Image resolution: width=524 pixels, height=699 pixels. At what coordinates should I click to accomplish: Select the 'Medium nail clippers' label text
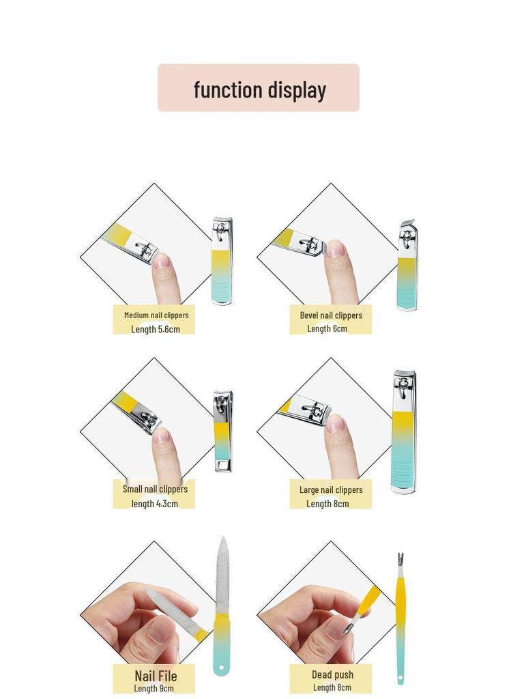pyautogui.click(x=156, y=315)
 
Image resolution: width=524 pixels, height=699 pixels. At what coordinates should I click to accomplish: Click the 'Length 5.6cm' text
pyautogui.click(x=156, y=330)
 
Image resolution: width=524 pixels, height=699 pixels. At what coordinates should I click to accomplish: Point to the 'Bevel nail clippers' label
pyautogui.click(x=331, y=315)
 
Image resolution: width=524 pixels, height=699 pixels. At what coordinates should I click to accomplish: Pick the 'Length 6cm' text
pyautogui.click(x=327, y=328)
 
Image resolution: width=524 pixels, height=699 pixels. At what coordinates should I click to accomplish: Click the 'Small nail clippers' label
pyautogui.click(x=155, y=489)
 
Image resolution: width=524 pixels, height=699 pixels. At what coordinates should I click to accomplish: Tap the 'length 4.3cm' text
pyautogui.click(x=155, y=504)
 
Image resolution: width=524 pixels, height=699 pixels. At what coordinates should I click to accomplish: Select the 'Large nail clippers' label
pyautogui.click(x=331, y=490)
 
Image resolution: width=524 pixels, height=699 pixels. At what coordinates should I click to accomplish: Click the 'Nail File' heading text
pyautogui.click(x=156, y=676)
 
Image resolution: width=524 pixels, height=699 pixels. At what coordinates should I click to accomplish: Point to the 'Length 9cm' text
pyautogui.click(x=154, y=688)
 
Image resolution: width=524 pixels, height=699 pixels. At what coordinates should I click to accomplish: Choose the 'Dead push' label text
pyautogui.click(x=332, y=674)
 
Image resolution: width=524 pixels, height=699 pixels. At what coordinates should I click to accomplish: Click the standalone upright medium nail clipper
pyautogui.click(x=222, y=261)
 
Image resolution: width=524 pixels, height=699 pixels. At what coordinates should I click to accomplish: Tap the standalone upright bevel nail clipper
pyautogui.click(x=407, y=266)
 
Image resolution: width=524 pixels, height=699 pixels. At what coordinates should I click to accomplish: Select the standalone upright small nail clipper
pyautogui.click(x=223, y=431)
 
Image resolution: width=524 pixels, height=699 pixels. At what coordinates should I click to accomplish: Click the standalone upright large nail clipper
pyautogui.click(x=404, y=431)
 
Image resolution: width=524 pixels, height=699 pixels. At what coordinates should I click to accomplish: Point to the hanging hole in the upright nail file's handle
pyautogui.click(x=222, y=668)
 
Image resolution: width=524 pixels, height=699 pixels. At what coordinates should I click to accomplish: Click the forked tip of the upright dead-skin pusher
pyautogui.click(x=400, y=557)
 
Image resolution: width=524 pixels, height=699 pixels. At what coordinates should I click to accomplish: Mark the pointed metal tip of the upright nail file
pyautogui.click(x=223, y=538)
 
